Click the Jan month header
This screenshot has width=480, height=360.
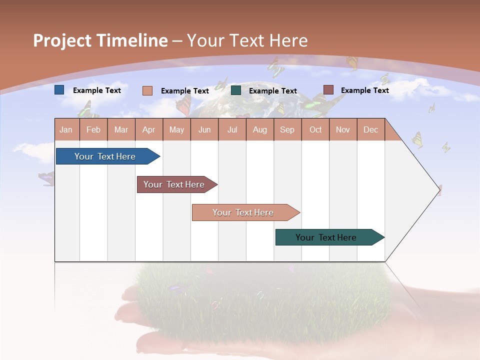[x=66, y=129]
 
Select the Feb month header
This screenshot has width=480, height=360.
[x=93, y=129]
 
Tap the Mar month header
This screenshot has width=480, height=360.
[x=121, y=129]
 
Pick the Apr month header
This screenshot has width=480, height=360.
[x=149, y=129]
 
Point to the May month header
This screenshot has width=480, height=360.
[x=176, y=129]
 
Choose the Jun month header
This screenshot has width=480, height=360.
[x=204, y=129]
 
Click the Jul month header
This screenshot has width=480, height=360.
[x=232, y=129]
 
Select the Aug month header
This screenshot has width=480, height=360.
[x=260, y=129]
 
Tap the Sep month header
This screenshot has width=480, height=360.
[x=287, y=129]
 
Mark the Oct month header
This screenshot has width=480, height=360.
[x=315, y=129]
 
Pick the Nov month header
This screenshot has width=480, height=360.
[x=343, y=129]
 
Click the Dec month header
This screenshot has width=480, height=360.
[x=371, y=129]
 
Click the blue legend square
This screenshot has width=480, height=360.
[x=59, y=90]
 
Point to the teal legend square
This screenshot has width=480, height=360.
[x=236, y=90]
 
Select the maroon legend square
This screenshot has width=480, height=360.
[x=328, y=90]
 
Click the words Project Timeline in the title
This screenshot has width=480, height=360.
[x=100, y=40]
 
